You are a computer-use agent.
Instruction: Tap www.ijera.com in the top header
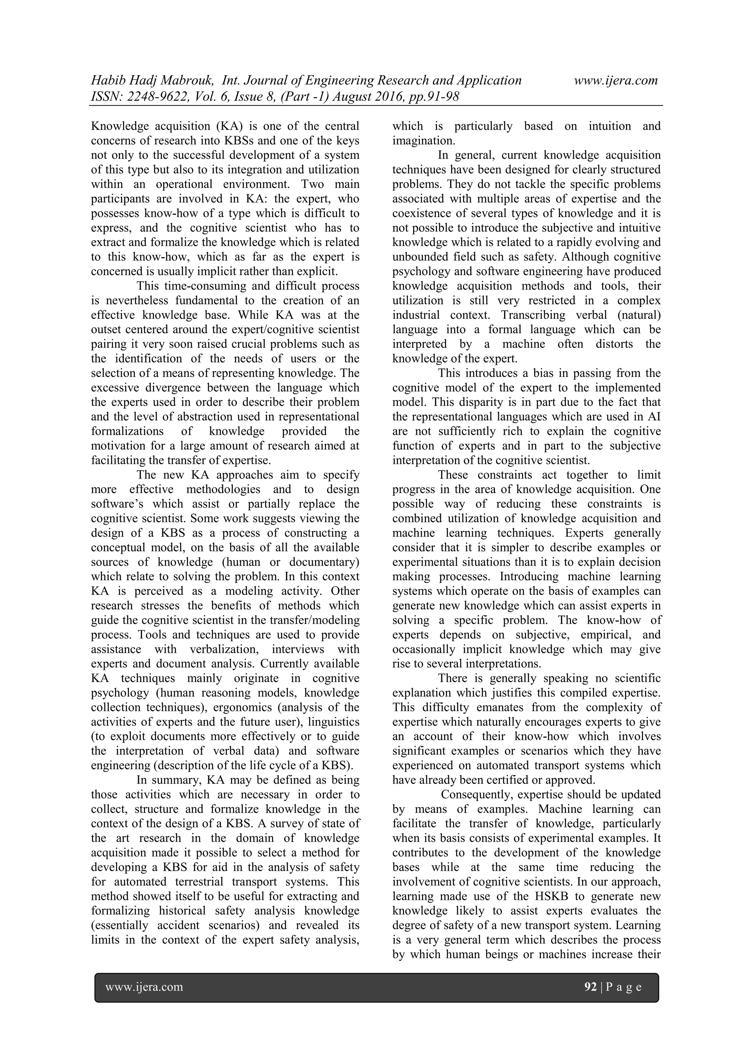point(616,81)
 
